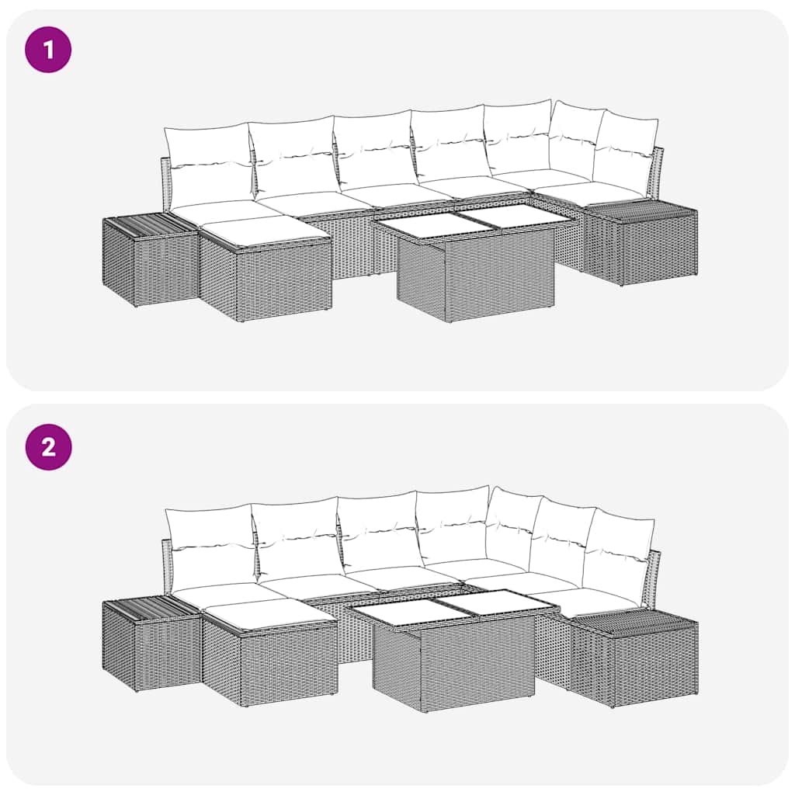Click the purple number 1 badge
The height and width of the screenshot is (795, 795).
(x=48, y=50)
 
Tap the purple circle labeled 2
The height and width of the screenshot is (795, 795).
(x=48, y=447)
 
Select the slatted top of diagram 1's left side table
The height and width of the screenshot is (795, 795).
(x=149, y=224)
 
